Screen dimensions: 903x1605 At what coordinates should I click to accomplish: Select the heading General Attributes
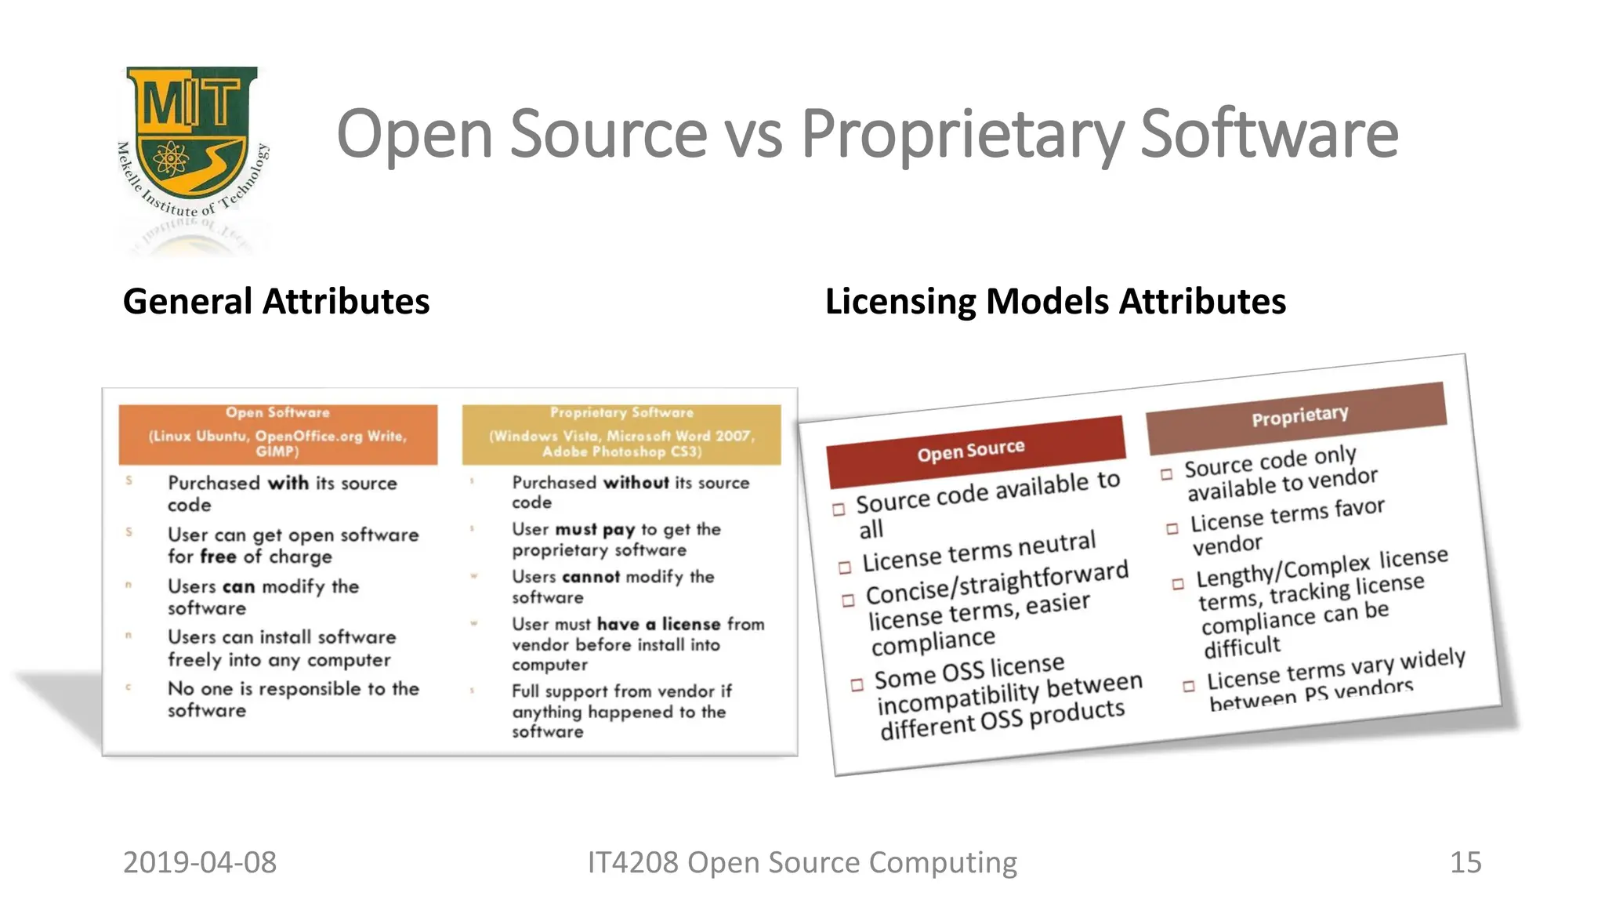(276, 302)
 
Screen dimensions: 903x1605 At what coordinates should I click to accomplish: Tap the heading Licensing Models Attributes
(1055, 302)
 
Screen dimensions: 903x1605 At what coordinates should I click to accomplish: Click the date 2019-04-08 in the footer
(200, 862)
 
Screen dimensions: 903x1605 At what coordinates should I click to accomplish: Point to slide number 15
(1465, 862)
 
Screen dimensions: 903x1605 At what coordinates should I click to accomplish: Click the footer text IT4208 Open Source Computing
(802, 862)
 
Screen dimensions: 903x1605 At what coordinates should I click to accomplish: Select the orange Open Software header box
(277, 433)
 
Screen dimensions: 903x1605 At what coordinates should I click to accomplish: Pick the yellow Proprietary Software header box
(621, 433)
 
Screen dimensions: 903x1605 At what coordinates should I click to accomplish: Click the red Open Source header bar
(975, 451)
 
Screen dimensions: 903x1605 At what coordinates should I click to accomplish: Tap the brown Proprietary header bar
(1297, 416)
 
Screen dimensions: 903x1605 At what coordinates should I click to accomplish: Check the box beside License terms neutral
(845, 568)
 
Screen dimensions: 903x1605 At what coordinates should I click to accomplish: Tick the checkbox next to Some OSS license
(857, 684)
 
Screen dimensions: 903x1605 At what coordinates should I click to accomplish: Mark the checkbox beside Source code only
(1167, 474)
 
